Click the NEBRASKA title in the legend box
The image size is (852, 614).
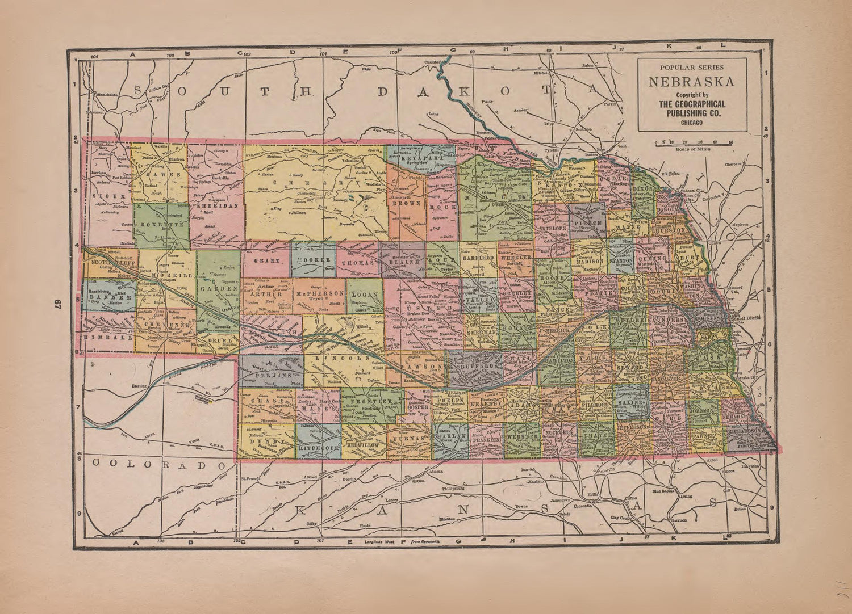[691, 82]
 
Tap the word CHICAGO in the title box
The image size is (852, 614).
[691, 123]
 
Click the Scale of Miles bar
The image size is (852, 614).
[693, 144]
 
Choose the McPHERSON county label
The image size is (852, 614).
[319, 293]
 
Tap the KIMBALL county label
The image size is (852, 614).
[107, 337]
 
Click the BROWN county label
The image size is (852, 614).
[407, 203]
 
